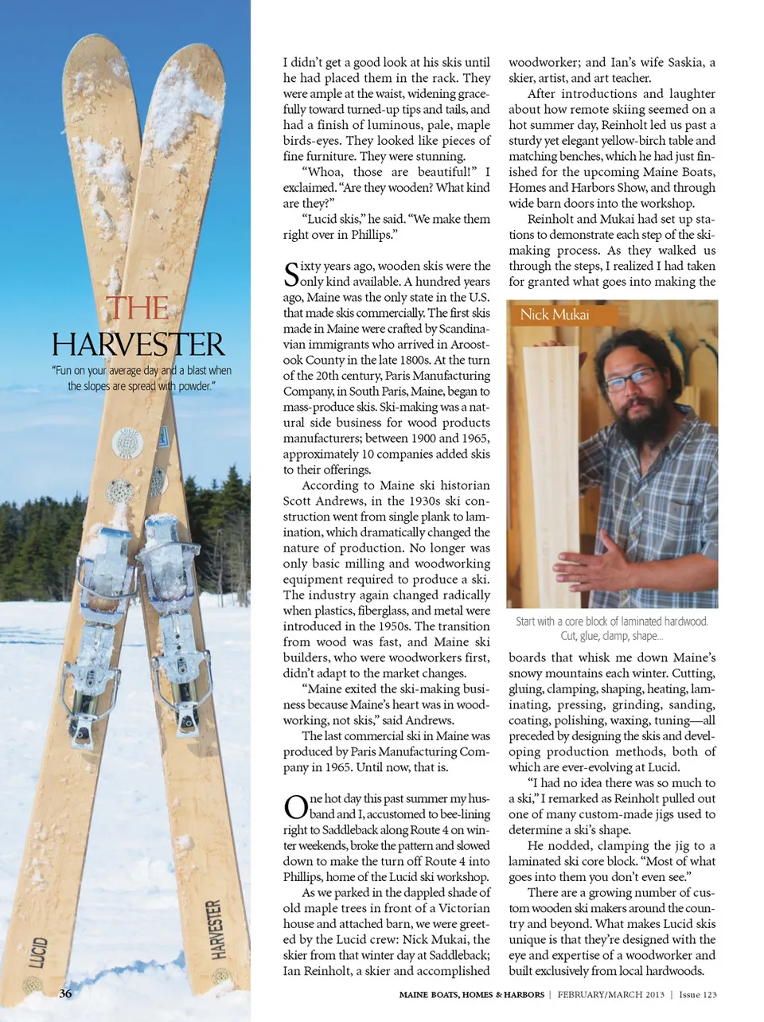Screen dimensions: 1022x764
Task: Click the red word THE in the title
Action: [137, 309]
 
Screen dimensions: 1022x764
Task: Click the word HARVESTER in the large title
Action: [138, 345]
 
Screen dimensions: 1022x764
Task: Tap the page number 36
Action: [65, 993]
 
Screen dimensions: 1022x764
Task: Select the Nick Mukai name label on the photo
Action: [554, 314]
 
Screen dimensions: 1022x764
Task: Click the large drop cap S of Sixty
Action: [291, 274]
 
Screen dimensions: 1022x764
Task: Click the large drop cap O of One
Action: [295, 806]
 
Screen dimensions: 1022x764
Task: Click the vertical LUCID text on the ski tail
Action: [37, 952]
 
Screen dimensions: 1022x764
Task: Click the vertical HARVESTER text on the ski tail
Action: [214, 930]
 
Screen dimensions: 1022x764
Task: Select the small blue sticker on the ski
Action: [162, 436]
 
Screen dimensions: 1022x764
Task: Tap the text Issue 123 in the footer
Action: [698, 995]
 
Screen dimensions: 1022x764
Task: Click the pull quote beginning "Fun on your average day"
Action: [141, 378]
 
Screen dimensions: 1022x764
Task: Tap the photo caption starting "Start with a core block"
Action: [611, 628]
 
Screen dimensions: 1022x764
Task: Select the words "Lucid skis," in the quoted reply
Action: [333, 219]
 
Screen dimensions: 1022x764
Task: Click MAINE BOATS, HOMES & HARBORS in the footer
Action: [472, 995]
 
